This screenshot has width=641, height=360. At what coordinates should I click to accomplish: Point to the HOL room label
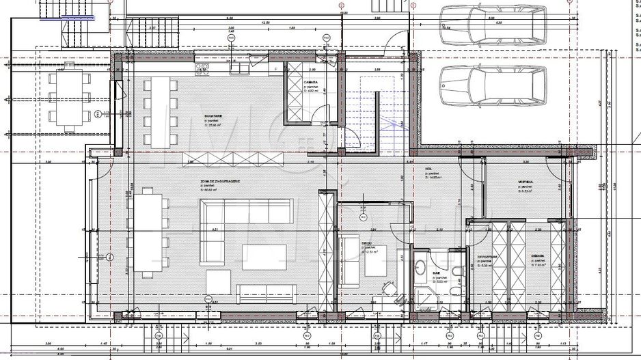[428, 169]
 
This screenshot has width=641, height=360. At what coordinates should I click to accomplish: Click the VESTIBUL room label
[525, 183]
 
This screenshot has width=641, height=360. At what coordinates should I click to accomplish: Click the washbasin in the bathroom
[422, 265]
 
